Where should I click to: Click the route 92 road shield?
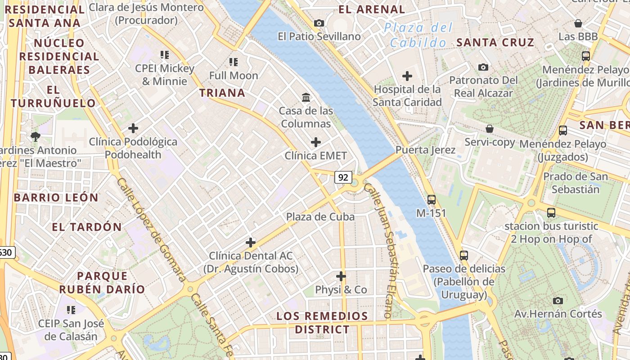click(x=343, y=177)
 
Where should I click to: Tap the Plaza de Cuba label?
click(x=320, y=217)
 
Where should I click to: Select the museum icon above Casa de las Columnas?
click(x=306, y=97)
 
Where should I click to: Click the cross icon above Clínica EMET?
click(x=316, y=143)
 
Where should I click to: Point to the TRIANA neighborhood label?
click(x=222, y=93)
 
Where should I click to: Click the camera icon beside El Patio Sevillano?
click(x=319, y=23)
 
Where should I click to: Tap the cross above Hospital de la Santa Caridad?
click(x=407, y=76)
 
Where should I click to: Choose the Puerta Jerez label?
click(x=425, y=150)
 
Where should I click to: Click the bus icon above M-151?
click(x=431, y=199)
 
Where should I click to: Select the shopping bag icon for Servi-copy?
click(x=490, y=129)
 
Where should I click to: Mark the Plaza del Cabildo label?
click(x=418, y=35)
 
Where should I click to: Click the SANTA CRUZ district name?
click(x=495, y=43)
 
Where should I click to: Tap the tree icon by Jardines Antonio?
click(x=36, y=136)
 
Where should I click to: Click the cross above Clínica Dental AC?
click(x=251, y=243)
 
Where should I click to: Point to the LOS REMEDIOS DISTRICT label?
click(x=322, y=323)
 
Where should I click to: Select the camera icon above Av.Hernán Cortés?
click(x=558, y=301)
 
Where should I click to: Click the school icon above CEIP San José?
click(x=71, y=310)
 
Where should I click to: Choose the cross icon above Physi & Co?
click(x=341, y=276)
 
